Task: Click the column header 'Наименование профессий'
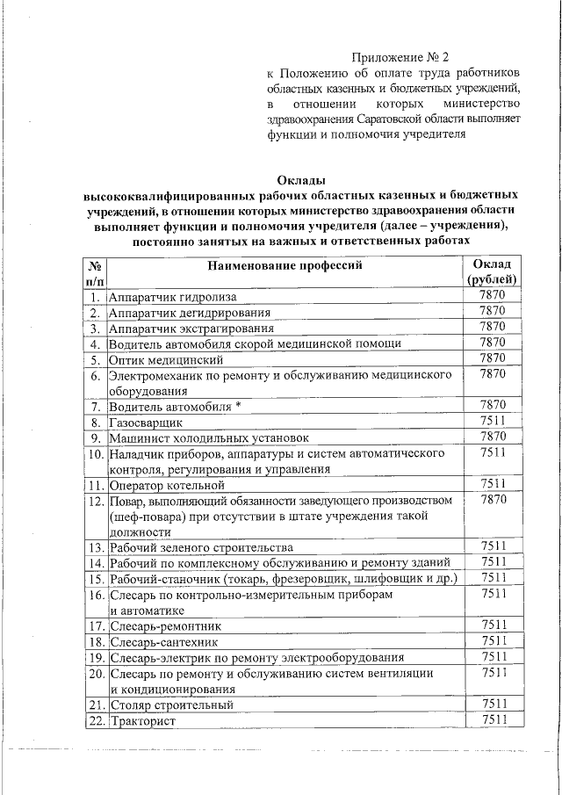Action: pyautogui.click(x=285, y=264)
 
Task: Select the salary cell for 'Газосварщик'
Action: pyautogui.click(x=492, y=421)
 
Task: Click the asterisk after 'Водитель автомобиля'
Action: pyautogui.click(x=238, y=405)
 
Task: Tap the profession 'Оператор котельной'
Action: pyautogui.click(x=169, y=484)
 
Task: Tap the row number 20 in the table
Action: pyautogui.click(x=96, y=673)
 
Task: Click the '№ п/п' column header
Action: pyautogui.click(x=95, y=271)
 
